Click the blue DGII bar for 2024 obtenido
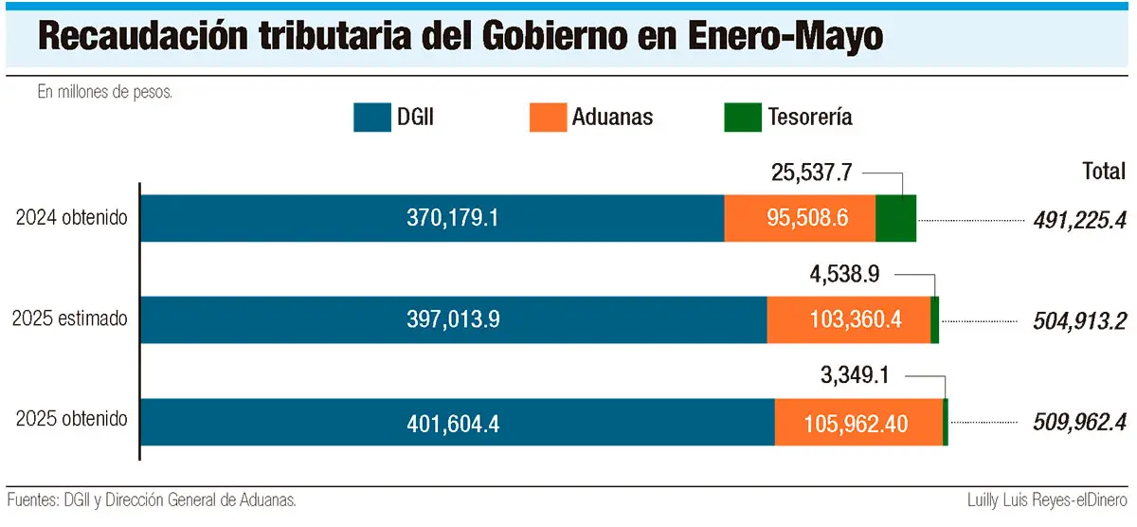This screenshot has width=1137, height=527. [432, 218]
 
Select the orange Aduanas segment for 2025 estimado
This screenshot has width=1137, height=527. [849, 319]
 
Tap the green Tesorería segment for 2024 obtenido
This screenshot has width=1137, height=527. [895, 218]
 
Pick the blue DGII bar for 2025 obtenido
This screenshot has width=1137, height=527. [458, 422]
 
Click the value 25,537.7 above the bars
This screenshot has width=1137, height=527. [813, 173]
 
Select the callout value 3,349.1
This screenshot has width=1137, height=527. [854, 375]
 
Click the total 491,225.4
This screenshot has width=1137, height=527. [1078, 221]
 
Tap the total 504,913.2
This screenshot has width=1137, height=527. [1078, 320]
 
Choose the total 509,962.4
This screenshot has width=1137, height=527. [1078, 421]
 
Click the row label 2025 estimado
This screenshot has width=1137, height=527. [69, 319]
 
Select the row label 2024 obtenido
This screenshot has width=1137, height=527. [71, 218]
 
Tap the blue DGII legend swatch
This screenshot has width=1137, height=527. [385, 118]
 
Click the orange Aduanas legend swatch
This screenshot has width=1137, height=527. [546, 118]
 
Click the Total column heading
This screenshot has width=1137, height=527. [1104, 172]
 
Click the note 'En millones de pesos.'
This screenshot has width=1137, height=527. [104, 93]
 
